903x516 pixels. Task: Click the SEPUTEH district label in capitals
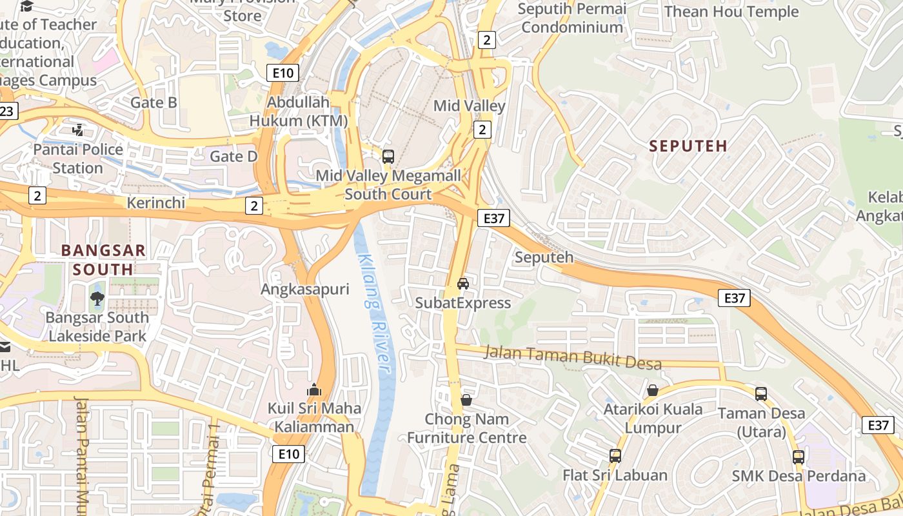pyautogui.click(x=688, y=146)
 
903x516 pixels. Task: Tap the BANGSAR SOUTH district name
pyautogui.click(x=103, y=260)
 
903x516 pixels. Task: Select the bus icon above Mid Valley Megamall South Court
pyautogui.click(x=388, y=156)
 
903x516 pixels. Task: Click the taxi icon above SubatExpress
pyautogui.click(x=463, y=283)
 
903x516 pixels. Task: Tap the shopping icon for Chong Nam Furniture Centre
pyautogui.click(x=466, y=400)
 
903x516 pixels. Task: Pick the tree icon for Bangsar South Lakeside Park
pyautogui.click(x=97, y=298)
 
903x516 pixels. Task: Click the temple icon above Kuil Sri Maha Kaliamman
pyautogui.click(x=314, y=390)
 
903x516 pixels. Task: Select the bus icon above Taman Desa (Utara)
pyautogui.click(x=761, y=393)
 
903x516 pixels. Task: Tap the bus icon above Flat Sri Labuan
pyautogui.click(x=615, y=456)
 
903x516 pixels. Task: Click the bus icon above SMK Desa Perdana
pyautogui.click(x=799, y=457)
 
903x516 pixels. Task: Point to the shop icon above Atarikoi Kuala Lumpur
pyautogui.click(x=653, y=390)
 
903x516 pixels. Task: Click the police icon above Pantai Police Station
pyautogui.click(x=78, y=130)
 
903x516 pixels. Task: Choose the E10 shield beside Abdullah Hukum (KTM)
pyautogui.click(x=283, y=73)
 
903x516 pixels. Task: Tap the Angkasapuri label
pyautogui.click(x=304, y=290)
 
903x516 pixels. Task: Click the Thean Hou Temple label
pyautogui.click(x=731, y=12)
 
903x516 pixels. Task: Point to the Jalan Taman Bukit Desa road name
pyautogui.click(x=572, y=357)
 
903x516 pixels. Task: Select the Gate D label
pyautogui.click(x=233, y=156)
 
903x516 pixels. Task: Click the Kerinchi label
pyautogui.click(x=156, y=203)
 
